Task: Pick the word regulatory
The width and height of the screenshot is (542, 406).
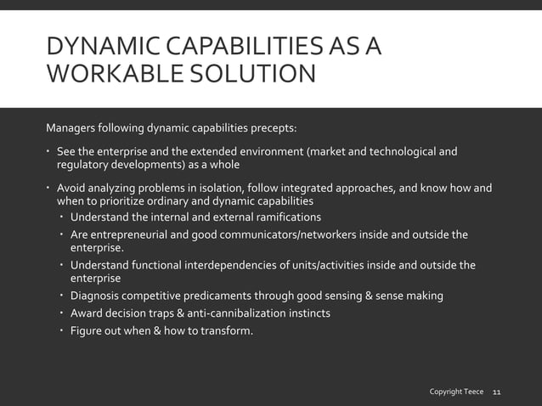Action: pos(83,165)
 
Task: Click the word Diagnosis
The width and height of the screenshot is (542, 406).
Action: pos(96,296)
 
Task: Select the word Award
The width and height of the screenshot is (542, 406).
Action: pos(88,313)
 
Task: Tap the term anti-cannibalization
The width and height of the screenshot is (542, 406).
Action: pos(236,313)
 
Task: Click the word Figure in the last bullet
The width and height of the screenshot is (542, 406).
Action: pos(88,330)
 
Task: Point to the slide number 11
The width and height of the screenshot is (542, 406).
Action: pos(497,392)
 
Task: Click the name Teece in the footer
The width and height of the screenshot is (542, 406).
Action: pos(471,392)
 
